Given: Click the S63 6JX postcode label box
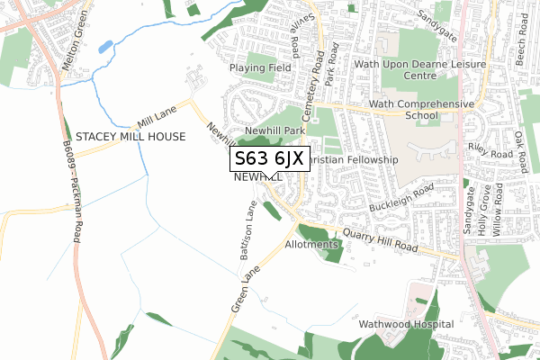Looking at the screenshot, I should coord(270,159).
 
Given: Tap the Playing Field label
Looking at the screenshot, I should coord(260,67).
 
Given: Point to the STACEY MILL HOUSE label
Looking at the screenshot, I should coord(130,137).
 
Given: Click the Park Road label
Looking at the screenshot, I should coord(332,62).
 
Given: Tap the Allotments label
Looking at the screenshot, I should coord(311,244).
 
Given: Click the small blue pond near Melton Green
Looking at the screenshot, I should coord(105,45).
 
